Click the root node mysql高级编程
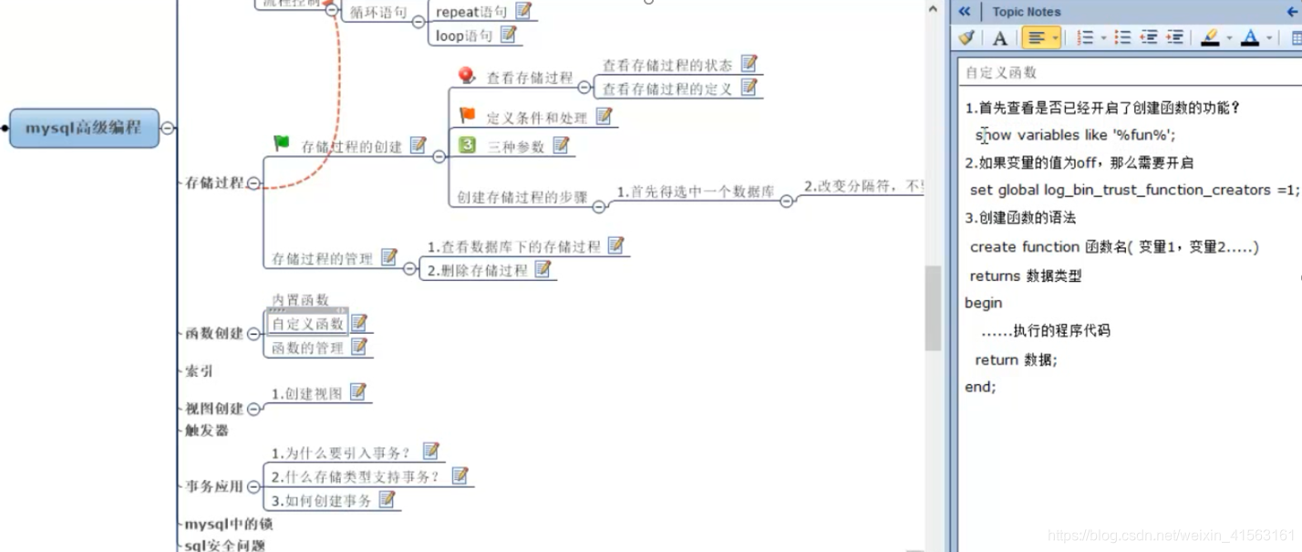click(x=84, y=128)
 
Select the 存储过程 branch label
click(x=214, y=182)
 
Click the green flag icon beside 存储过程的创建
click(x=282, y=143)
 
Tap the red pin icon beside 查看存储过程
click(x=467, y=76)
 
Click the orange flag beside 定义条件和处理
click(x=468, y=115)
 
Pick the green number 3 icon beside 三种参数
click(x=468, y=144)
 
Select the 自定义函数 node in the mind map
click(x=308, y=324)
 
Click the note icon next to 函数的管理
click(x=359, y=347)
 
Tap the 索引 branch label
click(x=199, y=371)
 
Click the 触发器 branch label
click(x=206, y=431)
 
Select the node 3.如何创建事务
click(x=321, y=501)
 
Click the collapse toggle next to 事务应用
click(x=253, y=486)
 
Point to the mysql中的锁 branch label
click(x=228, y=525)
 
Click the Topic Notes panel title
click(x=1026, y=12)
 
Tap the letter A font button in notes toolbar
click(x=1000, y=38)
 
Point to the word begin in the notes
click(x=984, y=303)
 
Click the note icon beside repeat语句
click(x=523, y=11)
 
